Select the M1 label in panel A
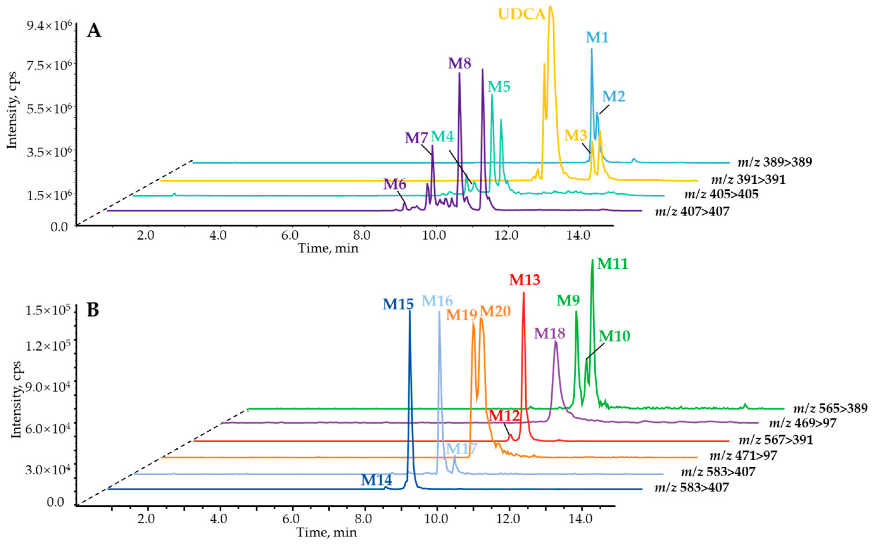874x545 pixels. click(x=597, y=37)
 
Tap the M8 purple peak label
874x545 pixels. click(x=459, y=63)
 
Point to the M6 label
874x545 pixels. click(x=394, y=184)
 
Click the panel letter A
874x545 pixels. click(x=94, y=31)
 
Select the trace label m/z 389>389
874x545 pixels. click(x=775, y=162)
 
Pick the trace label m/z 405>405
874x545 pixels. click(x=721, y=194)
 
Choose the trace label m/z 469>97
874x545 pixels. click(x=802, y=423)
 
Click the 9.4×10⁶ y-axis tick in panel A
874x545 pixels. click(x=49, y=25)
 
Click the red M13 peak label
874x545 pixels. click(x=525, y=280)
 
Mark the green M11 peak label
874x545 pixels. click(x=612, y=264)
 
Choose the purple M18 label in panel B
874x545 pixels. click(x=549, y=333)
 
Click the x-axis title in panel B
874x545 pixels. click(x=326, y=532)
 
